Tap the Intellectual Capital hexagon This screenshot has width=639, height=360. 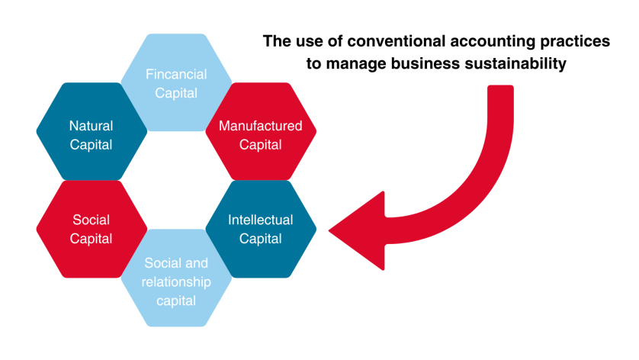260,229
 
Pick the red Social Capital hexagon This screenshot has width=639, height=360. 91,229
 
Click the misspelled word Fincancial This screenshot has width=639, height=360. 175,75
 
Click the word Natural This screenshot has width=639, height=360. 91,125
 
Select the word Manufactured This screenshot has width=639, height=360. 260,125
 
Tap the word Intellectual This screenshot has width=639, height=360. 260,220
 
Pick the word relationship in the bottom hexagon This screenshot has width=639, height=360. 175,282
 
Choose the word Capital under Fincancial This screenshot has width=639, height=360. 175,93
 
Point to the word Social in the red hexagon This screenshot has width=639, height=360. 91,220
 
